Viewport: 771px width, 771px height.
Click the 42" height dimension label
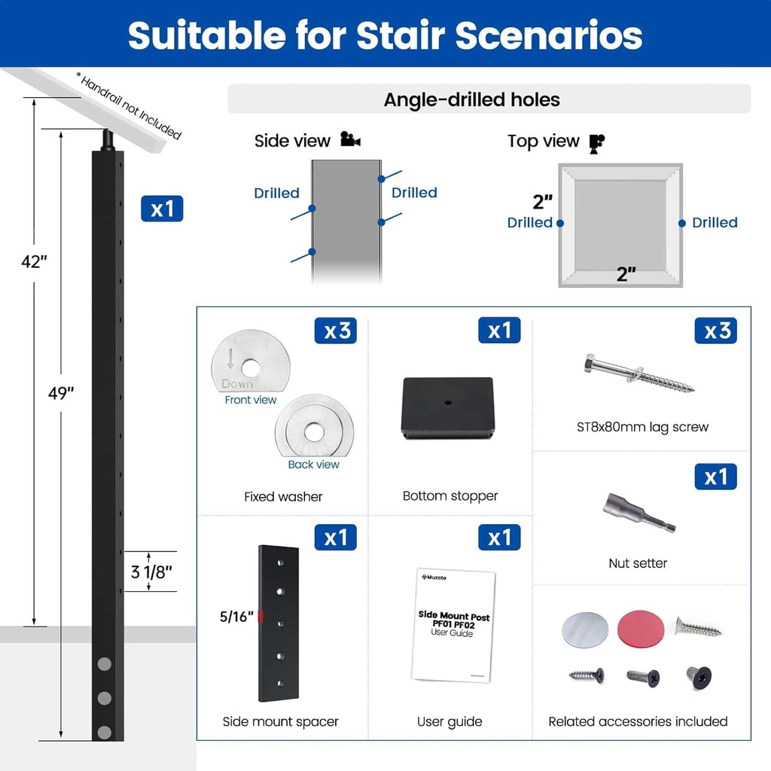tap(34, 261)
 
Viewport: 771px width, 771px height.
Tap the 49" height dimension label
tap(61, 393)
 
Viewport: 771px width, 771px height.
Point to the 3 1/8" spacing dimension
tap(151, 572)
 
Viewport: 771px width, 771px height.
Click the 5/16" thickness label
tap(236, 616)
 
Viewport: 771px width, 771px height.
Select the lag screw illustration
tap(638, 373)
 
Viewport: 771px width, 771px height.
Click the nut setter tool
tap(639, 513)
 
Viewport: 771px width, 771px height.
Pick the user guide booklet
tap(453, 626)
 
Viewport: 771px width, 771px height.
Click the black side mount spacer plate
tap(279, 623)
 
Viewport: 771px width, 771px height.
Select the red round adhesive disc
tap(641, 629)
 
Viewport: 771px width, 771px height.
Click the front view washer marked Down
tap(251, 361)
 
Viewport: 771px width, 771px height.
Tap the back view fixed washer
tap(314, 426)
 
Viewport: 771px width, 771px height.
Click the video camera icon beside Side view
tap(351, 139)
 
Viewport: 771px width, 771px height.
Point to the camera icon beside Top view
tap(597, 144)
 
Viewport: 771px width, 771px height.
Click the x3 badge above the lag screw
tap(715, 331)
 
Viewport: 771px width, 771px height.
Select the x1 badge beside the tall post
tap(162, 209)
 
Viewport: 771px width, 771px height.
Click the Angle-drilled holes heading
tap(471, 100)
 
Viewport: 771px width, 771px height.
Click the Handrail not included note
tap(129, 105)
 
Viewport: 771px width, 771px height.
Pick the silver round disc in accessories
tap(585, 630)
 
